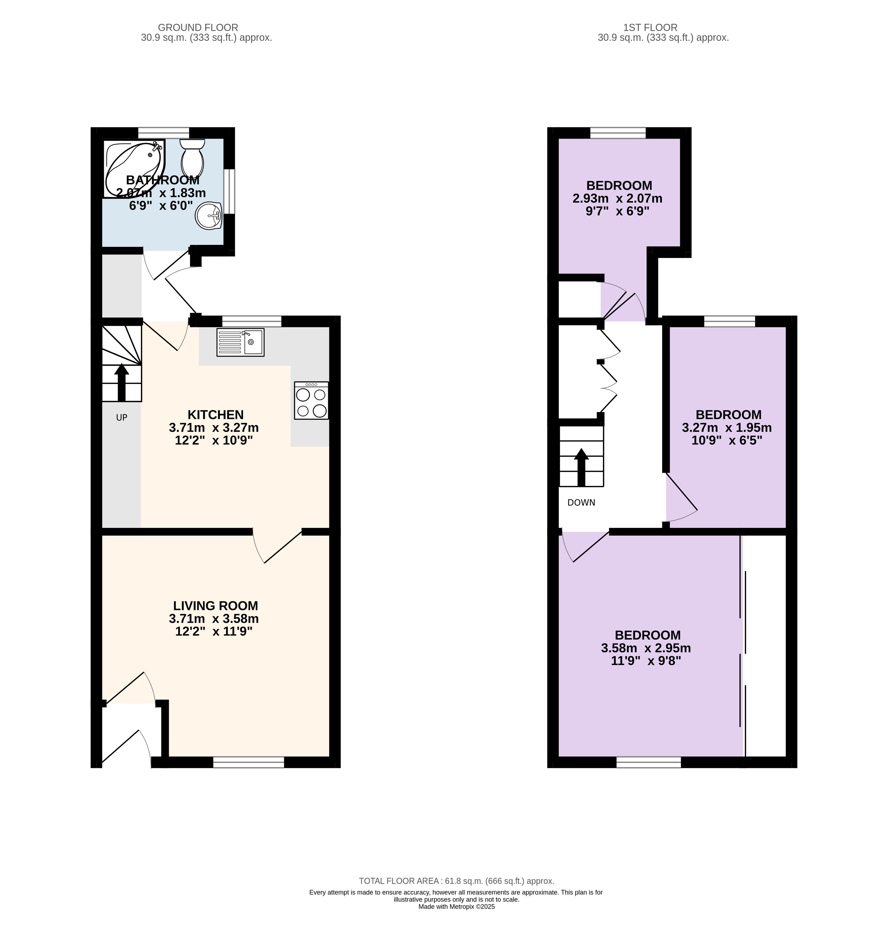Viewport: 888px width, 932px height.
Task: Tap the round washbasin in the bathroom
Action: [x=209, y=216]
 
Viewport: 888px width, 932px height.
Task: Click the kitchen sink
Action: [x=240, y=342]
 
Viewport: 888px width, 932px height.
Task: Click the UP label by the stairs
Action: [x=122, y=418]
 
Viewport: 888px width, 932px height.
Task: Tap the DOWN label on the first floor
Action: [x=581, y=503]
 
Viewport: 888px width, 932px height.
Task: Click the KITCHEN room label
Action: [x=215, y=415]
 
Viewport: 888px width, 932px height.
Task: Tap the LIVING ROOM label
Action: [x=215, y=606]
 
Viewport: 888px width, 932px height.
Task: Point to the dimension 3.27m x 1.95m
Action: [x=727, y=428]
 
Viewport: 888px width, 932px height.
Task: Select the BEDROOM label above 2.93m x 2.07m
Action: [x=619, y=186]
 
